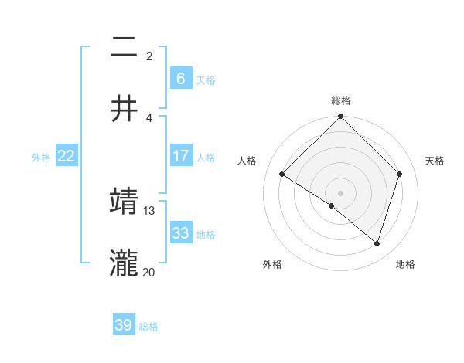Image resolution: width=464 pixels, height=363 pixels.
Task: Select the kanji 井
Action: (124, 108)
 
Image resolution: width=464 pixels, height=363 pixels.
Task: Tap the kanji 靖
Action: (124, 202)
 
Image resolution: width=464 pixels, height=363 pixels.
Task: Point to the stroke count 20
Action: (149, 272)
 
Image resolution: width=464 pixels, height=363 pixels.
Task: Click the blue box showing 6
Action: (180, 78)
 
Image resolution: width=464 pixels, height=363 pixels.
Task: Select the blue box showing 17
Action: (180, 156)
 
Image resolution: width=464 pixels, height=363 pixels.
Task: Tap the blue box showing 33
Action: (180, 233)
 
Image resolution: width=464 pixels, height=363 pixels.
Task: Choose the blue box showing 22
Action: (66, 156)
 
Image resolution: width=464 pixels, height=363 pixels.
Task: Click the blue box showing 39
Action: (123, 325)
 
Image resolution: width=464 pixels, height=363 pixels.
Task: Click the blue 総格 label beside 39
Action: (148, 327)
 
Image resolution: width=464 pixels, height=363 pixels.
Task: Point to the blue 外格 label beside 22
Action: (41, 158)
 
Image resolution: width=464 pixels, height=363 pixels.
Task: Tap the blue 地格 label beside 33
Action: (206, 235)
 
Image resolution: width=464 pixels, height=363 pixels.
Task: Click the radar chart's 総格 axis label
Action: (340, 100)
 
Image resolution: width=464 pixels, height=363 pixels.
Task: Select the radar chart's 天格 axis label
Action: (435, 161)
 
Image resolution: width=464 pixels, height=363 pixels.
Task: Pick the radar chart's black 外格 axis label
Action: (272, 264)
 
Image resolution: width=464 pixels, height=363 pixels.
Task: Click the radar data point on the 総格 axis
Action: (340, 117)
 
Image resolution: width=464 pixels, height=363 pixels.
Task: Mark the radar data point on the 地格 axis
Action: (377, 243)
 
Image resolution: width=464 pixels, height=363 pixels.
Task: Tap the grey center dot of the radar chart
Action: (340, 192)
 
